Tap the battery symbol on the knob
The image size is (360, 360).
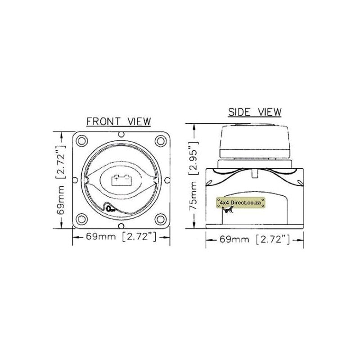click(x=120, y=180)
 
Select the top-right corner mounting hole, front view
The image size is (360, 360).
click(x=160, y=140)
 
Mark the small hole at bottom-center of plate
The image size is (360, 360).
click(x=121, y=225)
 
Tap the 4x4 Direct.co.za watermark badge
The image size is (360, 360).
click(x=239, y=203)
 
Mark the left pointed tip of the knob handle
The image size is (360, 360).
click(x=86, y=180)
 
